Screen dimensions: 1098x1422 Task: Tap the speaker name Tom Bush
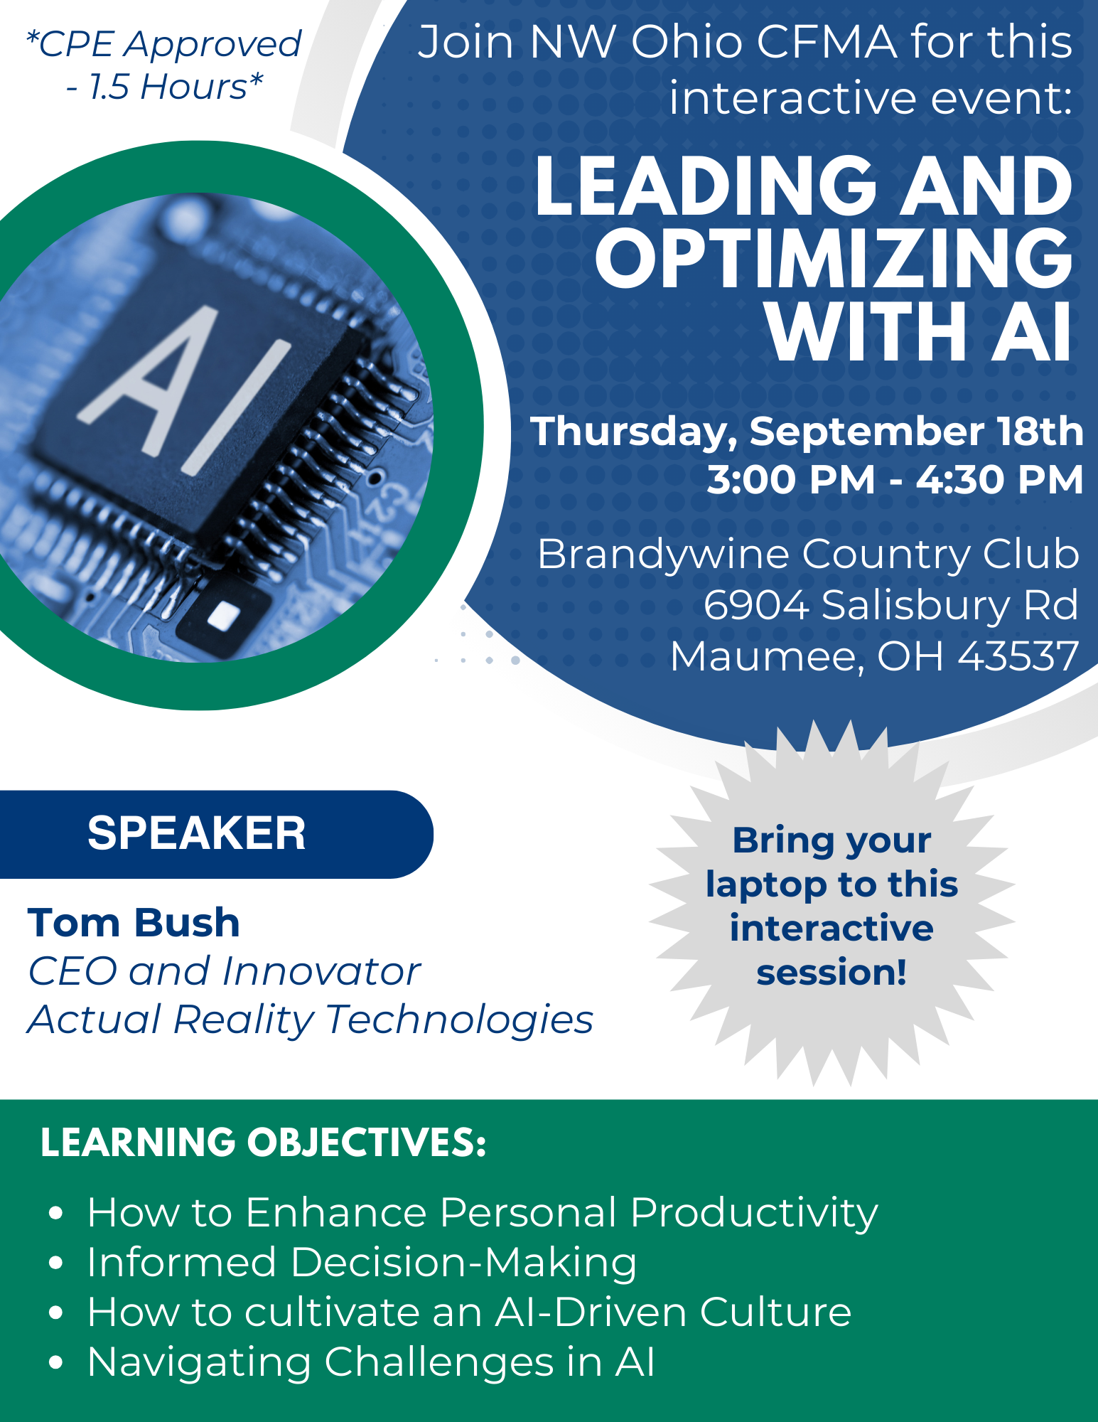[134, 923]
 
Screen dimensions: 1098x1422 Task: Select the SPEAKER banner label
[196, 833]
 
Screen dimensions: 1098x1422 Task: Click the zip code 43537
[1018, 656]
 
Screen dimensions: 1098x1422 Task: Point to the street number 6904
[756, 605]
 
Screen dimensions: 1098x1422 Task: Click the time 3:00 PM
[790, 480]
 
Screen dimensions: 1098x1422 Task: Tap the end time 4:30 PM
[1000, 480]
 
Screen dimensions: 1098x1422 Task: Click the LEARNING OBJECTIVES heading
[263, 1143]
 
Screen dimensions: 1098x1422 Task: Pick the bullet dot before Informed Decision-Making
[57, 1263]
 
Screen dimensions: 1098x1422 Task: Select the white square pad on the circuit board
[224, 616]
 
